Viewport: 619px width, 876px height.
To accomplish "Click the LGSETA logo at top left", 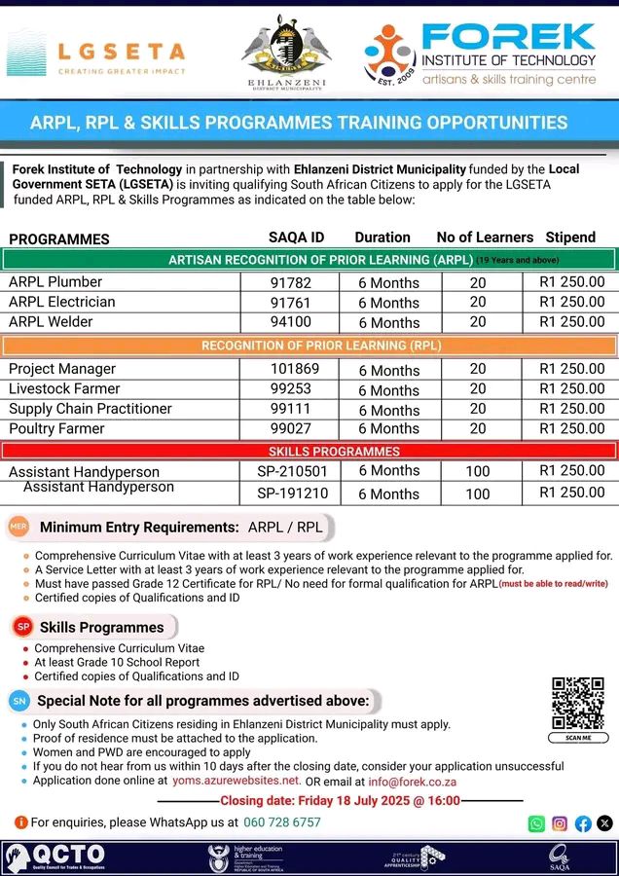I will pos(95,53).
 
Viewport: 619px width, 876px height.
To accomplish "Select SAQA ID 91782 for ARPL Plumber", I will pos(291,282).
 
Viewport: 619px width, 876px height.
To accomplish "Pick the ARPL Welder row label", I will pos(51,321).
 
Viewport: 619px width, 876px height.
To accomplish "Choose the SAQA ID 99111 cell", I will pos(291,409).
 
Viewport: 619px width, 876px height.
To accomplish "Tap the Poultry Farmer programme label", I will pos(55,428).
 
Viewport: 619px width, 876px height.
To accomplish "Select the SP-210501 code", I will pos(293,471).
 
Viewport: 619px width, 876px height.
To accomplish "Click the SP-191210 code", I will pos(293,493).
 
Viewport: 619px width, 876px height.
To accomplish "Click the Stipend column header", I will pos(571,237).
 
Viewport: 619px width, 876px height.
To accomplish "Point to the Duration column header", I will pos(382,237).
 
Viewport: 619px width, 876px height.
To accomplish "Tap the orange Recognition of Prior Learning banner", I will pos(309,346).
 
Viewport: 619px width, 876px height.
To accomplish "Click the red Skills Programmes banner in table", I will pos(309,452).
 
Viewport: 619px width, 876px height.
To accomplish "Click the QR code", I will pos(578,704).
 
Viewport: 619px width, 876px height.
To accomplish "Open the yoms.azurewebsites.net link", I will pos(236,781).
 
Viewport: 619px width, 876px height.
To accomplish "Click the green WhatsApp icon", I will pos(536,823).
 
